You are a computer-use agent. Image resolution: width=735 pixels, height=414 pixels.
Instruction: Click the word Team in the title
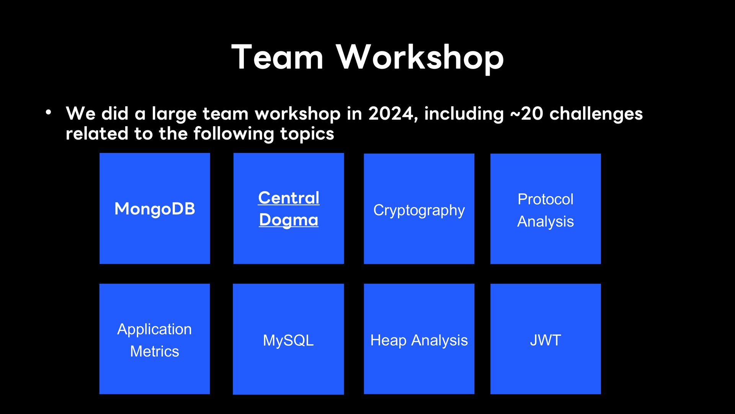[x=278, y=57]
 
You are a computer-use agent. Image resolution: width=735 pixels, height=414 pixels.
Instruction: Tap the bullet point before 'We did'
[x=48, y=113]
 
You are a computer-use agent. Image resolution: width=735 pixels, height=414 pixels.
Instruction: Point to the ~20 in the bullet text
[x=527, y=113]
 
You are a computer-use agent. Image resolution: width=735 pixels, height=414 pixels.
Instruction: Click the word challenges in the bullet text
[x=596, y=114]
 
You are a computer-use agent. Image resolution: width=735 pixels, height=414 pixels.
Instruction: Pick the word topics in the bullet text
[x=307, y=134]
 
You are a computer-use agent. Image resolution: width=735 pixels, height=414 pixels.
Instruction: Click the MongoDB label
[x=155, y=209]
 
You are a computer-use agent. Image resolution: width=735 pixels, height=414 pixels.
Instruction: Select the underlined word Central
[x=289, y=198]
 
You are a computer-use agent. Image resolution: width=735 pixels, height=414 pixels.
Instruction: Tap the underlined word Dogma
[x=289, y=220]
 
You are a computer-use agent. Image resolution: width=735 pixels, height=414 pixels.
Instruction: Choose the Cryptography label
[x=419, y=210]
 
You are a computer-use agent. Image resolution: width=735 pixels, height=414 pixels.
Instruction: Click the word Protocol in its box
[x=546, y=199]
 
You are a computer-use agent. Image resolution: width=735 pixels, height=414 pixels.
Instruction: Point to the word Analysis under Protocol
[x=546, y=222]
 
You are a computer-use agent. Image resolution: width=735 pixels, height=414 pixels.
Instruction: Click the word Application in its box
[x=155, y=330]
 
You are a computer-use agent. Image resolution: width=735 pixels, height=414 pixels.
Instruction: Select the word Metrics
[x=155, y=352]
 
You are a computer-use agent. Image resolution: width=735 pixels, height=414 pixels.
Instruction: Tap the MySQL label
[x=288, y=340]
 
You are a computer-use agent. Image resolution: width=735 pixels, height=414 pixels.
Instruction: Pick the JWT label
[x=546, y=340]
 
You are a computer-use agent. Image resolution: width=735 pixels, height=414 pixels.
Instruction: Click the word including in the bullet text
[x=464, y=114]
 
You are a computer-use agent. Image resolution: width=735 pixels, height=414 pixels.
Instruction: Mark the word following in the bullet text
[x=234, y=134]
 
